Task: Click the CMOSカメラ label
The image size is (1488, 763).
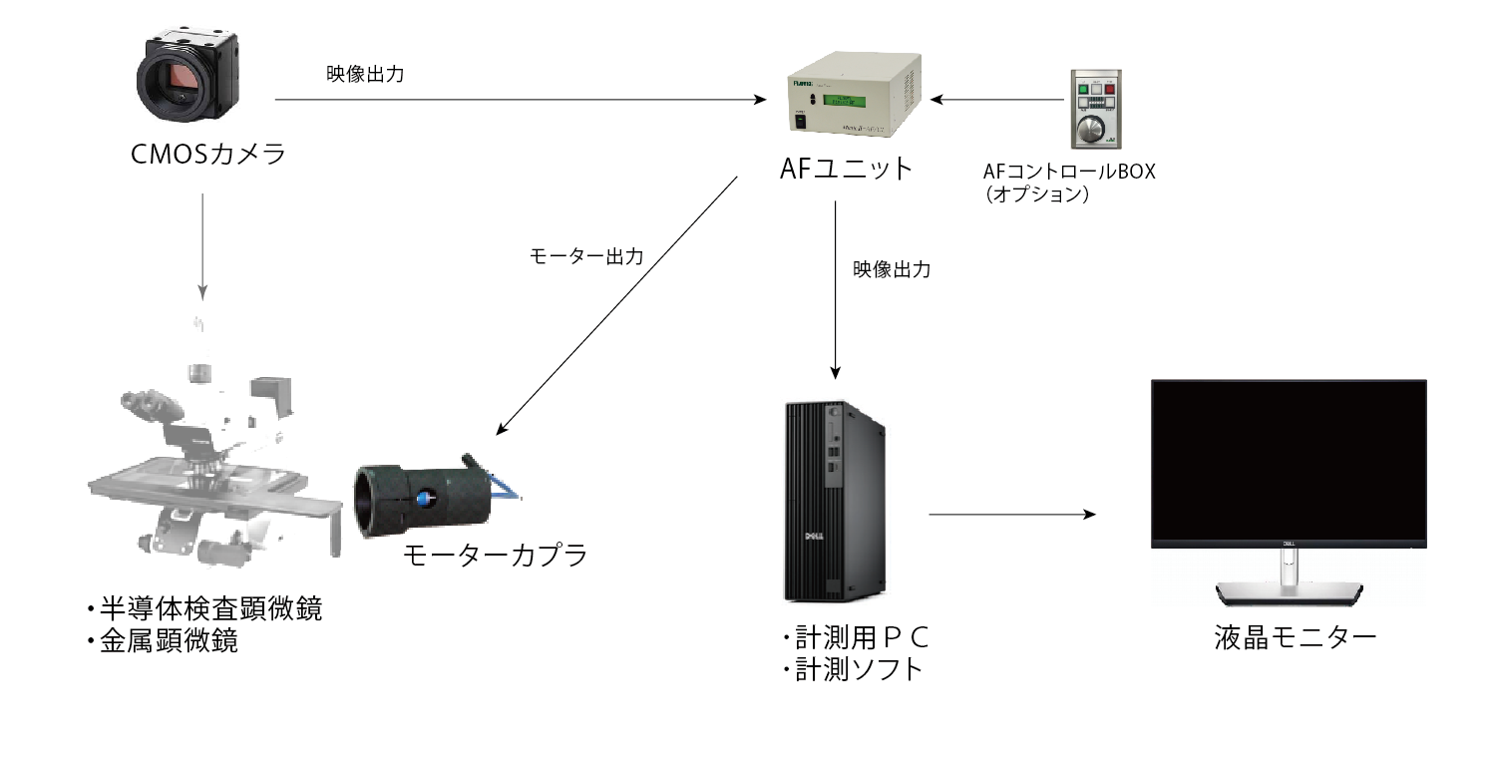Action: (x=208, y=156)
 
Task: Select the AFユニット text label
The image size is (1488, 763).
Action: (x=847, y=169)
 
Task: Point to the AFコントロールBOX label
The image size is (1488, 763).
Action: (x=1068, y=171)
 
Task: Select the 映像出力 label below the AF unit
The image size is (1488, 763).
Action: (x=892, y=269)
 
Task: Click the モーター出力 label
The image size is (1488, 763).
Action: (x=585, y=255)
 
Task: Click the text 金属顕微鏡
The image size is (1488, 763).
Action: (x=169, y=640)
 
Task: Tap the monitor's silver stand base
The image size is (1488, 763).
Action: (x=1288, y=592)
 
